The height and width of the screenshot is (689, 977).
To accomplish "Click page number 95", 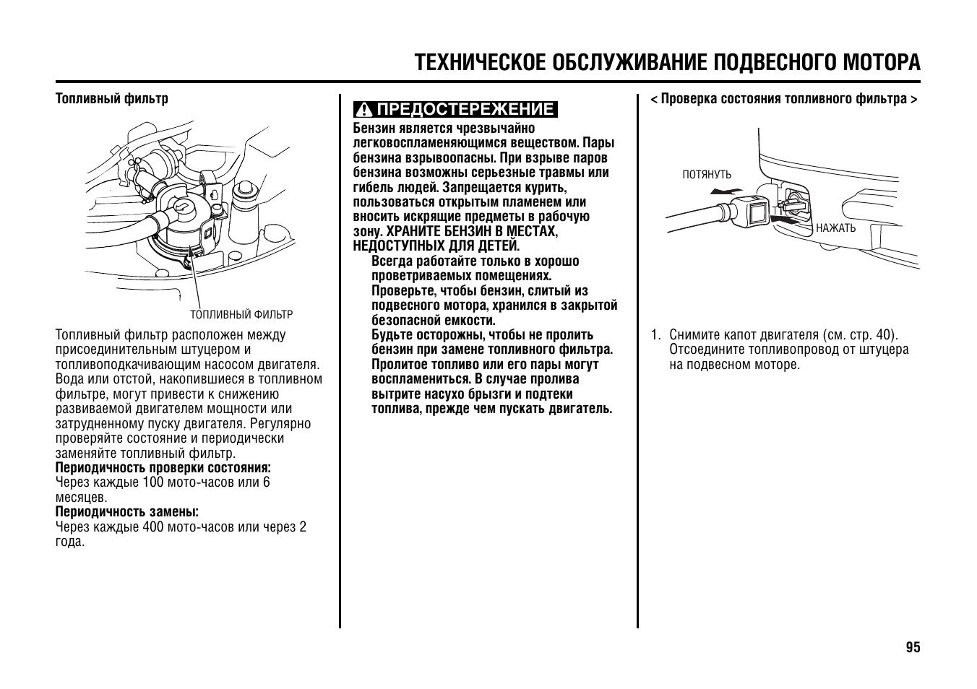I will [913, 647].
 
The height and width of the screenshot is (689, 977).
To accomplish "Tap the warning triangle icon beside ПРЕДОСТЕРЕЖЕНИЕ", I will [365, 110].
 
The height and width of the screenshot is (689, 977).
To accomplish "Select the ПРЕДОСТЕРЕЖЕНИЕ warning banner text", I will [465, 110].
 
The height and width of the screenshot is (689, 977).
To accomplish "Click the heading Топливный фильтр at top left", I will [112, 98].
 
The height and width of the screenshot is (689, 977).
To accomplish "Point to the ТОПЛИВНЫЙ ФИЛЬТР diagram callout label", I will [241, 315].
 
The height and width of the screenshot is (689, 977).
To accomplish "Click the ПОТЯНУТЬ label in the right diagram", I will [707, 175].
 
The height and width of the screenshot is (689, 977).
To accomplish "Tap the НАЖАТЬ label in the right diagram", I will [835, 228].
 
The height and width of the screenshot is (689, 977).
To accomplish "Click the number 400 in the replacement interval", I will [153, 527].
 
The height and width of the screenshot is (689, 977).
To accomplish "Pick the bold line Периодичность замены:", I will [127, 512].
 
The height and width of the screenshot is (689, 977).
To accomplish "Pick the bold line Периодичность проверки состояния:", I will [163, 468].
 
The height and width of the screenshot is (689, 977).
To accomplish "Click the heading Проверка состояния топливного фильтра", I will [784, 98].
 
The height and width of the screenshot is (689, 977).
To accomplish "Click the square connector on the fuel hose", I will [756, 211].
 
